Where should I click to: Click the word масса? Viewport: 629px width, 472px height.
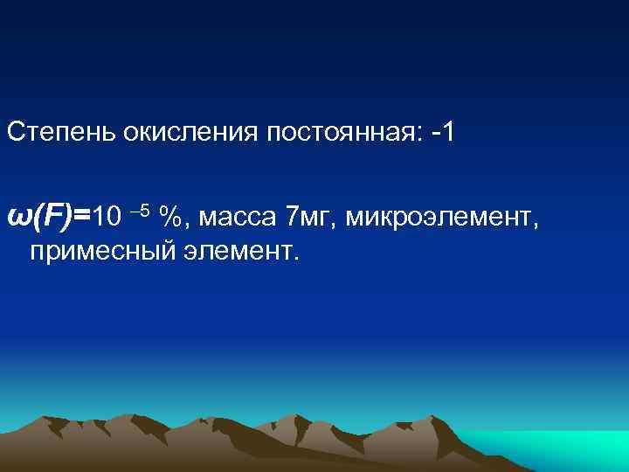pos(232,215)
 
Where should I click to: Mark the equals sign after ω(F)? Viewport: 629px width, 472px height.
pos(82,215)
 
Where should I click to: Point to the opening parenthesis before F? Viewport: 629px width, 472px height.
pos(36,214)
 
